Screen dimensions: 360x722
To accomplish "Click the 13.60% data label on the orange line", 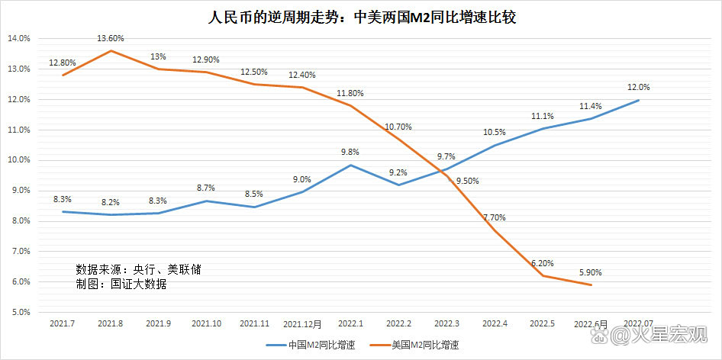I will point(111,38).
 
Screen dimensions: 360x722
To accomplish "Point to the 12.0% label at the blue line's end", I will point(640,87).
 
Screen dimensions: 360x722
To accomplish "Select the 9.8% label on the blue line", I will point(350,152).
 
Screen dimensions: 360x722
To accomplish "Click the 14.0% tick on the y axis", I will point(19,38).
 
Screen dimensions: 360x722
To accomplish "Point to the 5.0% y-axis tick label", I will point(21,312).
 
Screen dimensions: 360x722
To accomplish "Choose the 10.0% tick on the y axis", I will point(19,160).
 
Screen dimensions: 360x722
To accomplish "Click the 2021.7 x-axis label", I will point(63,323).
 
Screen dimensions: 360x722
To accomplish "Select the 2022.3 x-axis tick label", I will point(446,323).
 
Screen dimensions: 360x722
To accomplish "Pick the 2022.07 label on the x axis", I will point(638,323).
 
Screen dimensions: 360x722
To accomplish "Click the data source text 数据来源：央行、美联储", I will point(138,269).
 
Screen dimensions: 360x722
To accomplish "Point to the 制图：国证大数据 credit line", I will point(121,284).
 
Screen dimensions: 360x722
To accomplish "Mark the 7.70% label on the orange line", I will point(494,217).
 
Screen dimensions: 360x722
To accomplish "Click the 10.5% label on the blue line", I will point(494,132).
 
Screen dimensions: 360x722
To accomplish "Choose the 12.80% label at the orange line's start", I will point(63,63).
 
